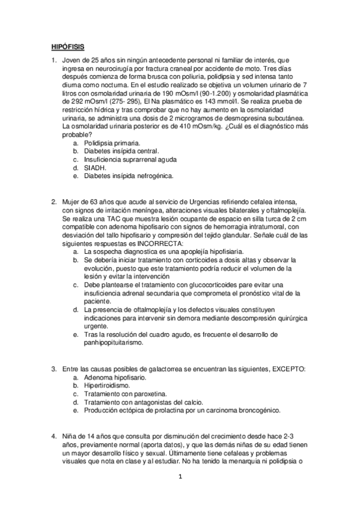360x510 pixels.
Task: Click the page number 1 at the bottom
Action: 179,478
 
